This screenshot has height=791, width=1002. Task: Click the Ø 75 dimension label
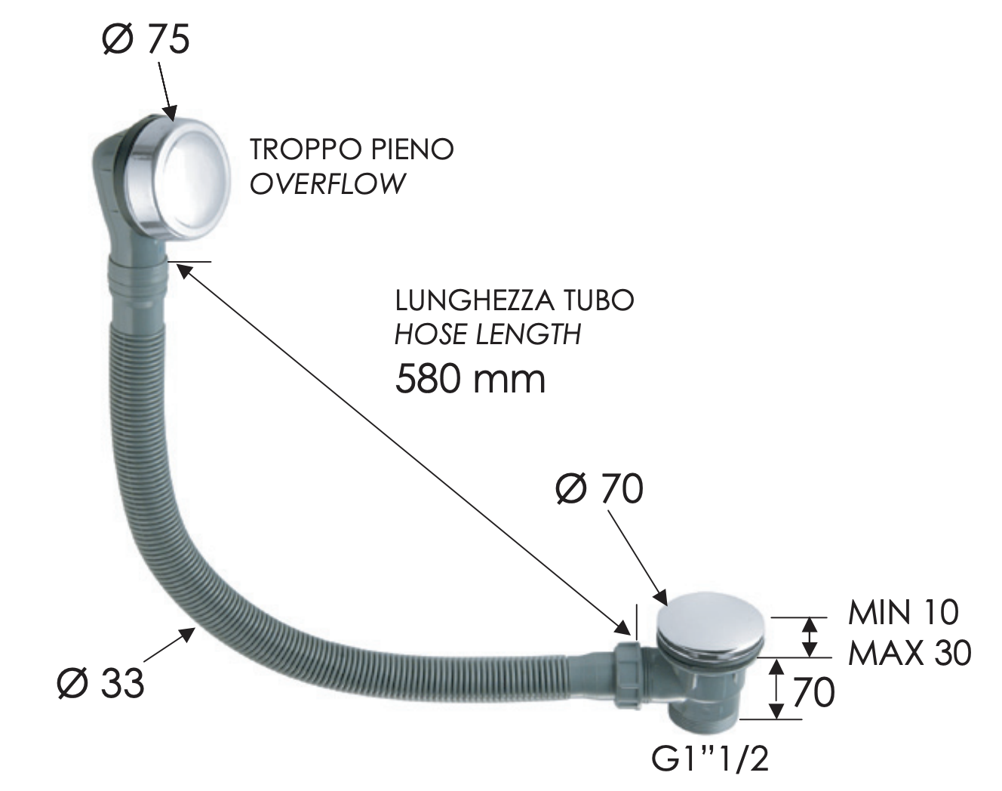pyautogui.click(x=146, y=38)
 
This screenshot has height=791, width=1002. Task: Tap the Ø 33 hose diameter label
pyautogui.click(x=100, y=682)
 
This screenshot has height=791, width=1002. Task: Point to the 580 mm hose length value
pyautogui.click(x=470, y=379)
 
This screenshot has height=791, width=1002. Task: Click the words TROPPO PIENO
pyautogui.click(x=352, y=149)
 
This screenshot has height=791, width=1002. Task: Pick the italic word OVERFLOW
pyautogui.click(x=327, y=184)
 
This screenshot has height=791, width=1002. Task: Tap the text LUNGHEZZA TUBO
pyautogui.click(x=515, y=300)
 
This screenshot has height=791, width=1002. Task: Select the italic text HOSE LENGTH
pyautogui.click(x=488, y=334)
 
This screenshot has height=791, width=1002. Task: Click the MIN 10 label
pyautogui.click(x=903, y=612)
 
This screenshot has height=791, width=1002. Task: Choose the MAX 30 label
pyautogui.click(x=909, y=653)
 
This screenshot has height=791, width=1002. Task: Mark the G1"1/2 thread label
pyautogui.click(x=710, y=759)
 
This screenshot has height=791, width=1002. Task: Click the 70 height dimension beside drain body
pyautogui.click(x=813, y=691)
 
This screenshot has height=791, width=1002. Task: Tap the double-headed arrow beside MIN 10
pyautogui.click(x=809, y=636)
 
